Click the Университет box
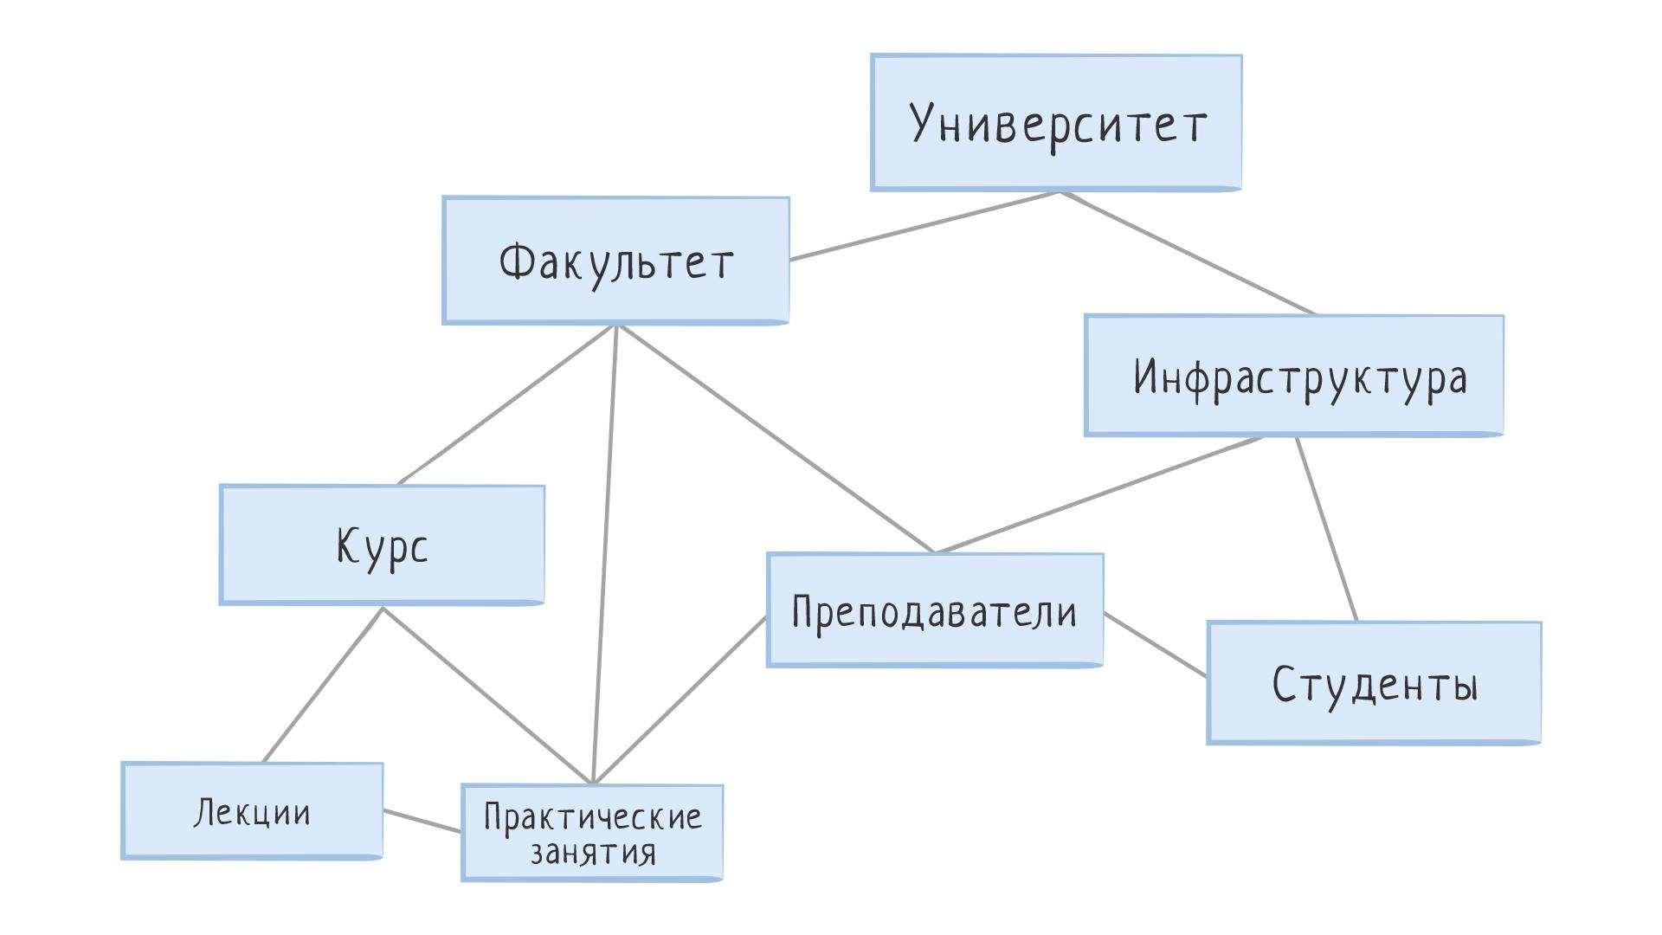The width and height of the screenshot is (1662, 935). (1056, 122)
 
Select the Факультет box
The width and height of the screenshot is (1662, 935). (615, 261)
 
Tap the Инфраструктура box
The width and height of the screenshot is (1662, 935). (1294, 376)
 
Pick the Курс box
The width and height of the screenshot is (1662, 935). (382, 545)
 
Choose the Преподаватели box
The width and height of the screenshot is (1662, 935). (935, 610)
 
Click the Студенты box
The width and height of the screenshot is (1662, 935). (1374, 682)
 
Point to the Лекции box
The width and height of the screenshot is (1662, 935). (252, 811)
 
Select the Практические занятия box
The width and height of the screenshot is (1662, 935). (592, 833)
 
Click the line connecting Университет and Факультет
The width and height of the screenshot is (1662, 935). (925, 225)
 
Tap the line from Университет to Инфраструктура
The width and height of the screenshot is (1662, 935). (1189, 253)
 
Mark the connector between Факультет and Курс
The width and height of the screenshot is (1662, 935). (506, 405)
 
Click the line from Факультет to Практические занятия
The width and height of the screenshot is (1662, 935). (604, 555)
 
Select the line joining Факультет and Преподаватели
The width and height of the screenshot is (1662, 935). (775, 439)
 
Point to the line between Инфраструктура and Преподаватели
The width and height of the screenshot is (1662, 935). (1098, 494)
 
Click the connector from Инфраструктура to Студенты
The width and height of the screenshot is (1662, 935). (1326, 529)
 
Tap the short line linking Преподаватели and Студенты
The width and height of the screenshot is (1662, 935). (1155, 644)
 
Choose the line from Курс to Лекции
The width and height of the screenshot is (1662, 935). (323, 685)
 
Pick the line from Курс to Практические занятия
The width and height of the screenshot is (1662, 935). (487, 695)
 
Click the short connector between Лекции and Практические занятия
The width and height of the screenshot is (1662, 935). (422, 821)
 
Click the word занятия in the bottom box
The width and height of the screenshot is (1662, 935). (593, 853)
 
